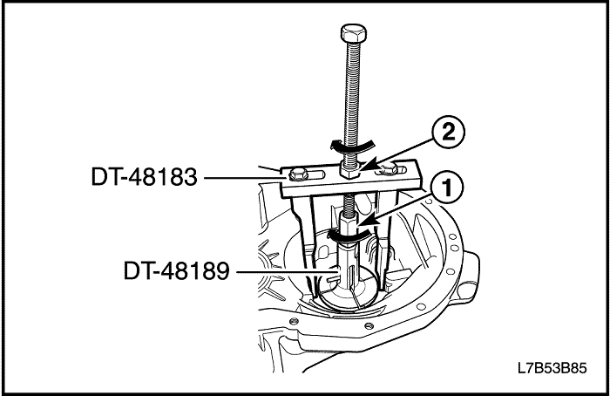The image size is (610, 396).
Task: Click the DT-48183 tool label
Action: [144, 177]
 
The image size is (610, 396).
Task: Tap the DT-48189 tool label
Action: [176, 270]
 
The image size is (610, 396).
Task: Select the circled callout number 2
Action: [448, 133]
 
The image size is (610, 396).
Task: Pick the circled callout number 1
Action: [447, 189]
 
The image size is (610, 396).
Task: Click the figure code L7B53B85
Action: [552, 367]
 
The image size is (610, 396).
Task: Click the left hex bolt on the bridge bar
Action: [298, 174]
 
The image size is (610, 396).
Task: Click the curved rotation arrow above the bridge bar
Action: [353, 147]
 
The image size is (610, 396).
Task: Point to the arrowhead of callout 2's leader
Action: [367, 167]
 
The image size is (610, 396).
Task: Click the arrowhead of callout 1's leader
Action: [367, 222]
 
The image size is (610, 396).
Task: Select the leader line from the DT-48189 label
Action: [285, 271]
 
